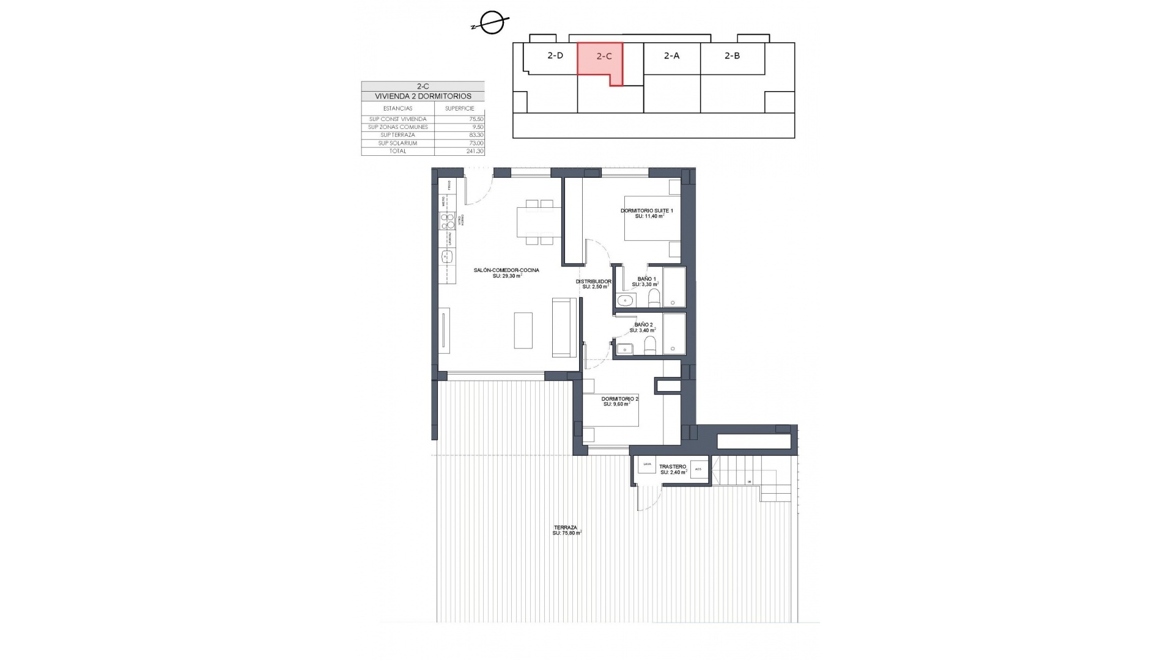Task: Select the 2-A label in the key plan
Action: pyautogui.click(x=671, y=56)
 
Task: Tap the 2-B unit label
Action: pyautogui.click(x=732, y=56)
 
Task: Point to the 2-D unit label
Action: pyautogui.click(x=555, y=56)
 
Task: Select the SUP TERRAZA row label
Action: pyautogui.click(x=397, y=135)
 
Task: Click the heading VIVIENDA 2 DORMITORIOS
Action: pyautogui.click(x=423, y=97)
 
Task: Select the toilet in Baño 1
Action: pyautogui.click(x=654, y=298)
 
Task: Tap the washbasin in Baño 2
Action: pyautogui.click(x=624, y=349)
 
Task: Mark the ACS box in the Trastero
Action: pyautogui.click(x=698, y=469)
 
